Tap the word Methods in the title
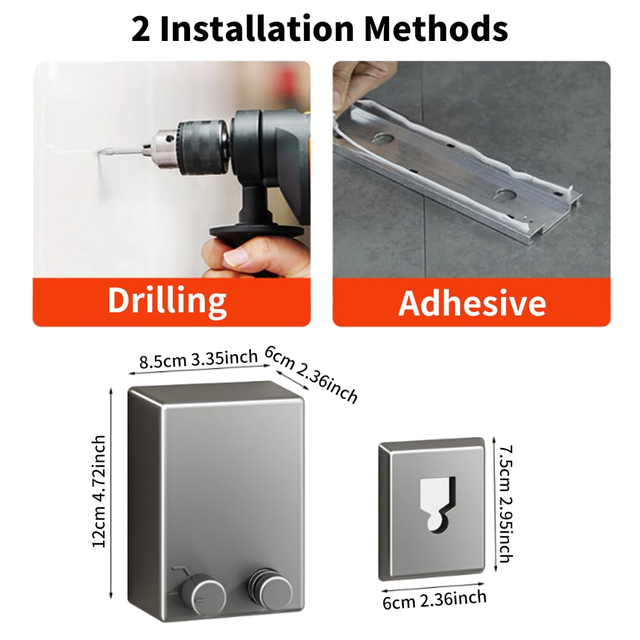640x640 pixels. (436, 29)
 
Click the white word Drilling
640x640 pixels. (167, 301)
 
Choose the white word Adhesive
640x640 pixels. (472, 303)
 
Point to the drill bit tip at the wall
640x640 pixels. (100, 154)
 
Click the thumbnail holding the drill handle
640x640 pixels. (236, 257)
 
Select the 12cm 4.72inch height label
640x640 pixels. (99, 492)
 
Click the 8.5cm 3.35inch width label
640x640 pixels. (198, 359)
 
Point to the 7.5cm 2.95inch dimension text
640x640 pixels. (506, 504)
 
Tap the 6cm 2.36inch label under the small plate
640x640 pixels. (435, 600)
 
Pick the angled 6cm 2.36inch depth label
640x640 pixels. (311, 374)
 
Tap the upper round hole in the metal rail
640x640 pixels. (383, 139)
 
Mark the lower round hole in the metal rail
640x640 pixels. (503, 194)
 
